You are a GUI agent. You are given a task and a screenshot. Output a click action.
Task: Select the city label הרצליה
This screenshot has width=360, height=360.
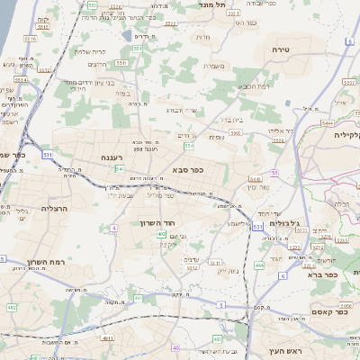click(x=55, y=208)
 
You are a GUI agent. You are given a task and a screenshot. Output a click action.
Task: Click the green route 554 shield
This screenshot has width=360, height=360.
click(x=188, y=145)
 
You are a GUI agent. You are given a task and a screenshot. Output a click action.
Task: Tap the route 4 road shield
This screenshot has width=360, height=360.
click(x=114, y=228)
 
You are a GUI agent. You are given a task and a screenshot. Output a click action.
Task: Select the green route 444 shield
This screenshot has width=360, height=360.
click(x=259, y=265)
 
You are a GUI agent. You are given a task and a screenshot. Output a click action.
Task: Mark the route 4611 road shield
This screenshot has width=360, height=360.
click(x=108, y=338)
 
